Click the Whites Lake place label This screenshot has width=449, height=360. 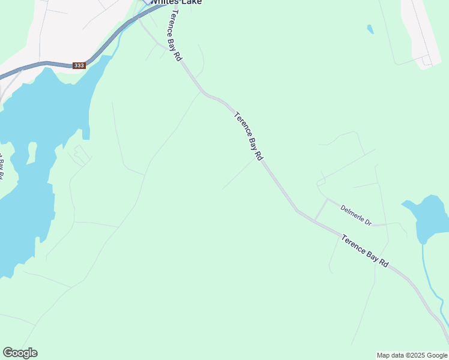pos(175,2)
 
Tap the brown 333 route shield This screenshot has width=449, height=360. pos(79,65)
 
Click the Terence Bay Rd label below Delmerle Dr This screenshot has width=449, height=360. pos(365,251)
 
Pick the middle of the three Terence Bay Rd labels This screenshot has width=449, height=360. pos(249,136)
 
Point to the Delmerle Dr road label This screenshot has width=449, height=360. pos(356,216)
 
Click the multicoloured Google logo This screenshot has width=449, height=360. pos(20,353)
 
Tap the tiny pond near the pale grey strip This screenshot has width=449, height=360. pos(370,29)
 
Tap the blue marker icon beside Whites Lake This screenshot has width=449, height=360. pos(146,2)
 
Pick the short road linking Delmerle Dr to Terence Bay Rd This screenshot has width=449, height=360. pos(321,209)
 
